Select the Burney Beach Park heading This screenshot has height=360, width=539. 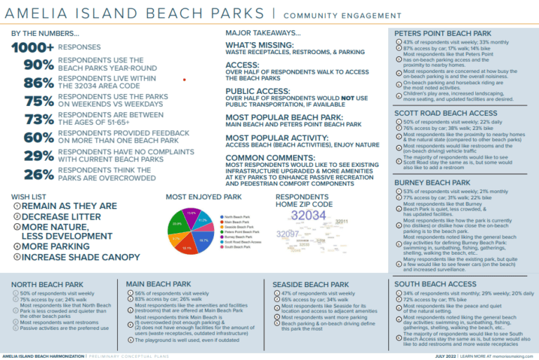click(432, 182)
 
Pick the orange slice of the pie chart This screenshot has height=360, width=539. click(177, 239)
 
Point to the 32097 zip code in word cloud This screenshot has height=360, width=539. click(288, 233)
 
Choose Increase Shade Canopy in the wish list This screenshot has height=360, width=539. click(80, 257)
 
